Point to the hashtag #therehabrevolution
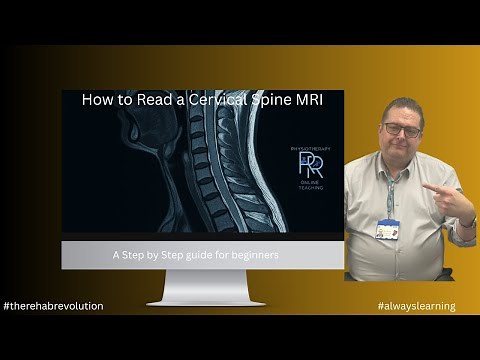point(53,305)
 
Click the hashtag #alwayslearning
point(416,305)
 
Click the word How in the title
point(97,100)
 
